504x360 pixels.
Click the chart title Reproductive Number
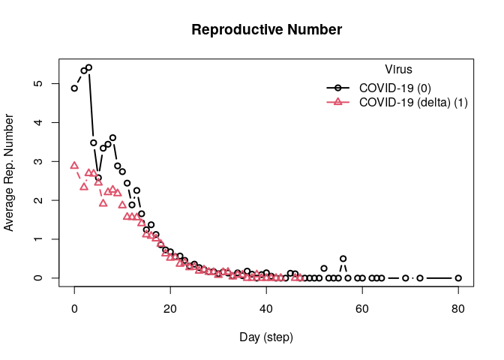(266, 30)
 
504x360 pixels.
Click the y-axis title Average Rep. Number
(9, 172)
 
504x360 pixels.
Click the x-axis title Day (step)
(266, 337)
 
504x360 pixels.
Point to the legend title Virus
(397, 70)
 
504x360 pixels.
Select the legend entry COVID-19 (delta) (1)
(413, 103)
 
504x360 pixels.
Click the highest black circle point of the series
(88, 67)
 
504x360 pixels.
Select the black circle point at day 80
(458, 278)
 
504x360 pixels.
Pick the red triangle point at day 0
(74, 165)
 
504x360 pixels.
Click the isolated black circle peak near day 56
(343, 259)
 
